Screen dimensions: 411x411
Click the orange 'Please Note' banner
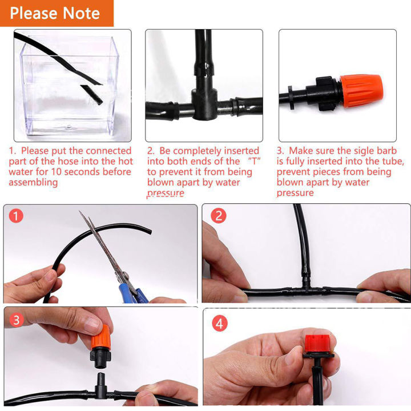click(x=56, y=13)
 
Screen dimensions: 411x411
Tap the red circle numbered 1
click(x=18, y=217)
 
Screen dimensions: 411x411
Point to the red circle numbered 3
click(x=17, y=320)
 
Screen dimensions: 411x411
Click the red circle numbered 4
click(x=219, y=324)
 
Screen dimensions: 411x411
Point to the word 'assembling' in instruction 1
click(x=33, y=182)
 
